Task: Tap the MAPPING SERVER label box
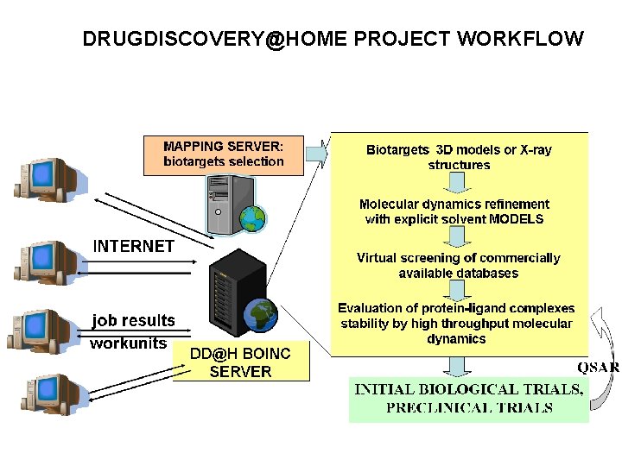[224, 154]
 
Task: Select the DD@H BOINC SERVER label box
[240, 362]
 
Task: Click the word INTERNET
[134, 246]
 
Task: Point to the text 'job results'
[134, 320]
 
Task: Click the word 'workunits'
[129, 343]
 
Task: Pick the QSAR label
[598, 367]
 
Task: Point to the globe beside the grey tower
[251, 217]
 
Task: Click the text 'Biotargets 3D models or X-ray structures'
[459, 157]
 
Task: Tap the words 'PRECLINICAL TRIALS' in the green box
[469, 407]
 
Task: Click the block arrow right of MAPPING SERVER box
[317, 153]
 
